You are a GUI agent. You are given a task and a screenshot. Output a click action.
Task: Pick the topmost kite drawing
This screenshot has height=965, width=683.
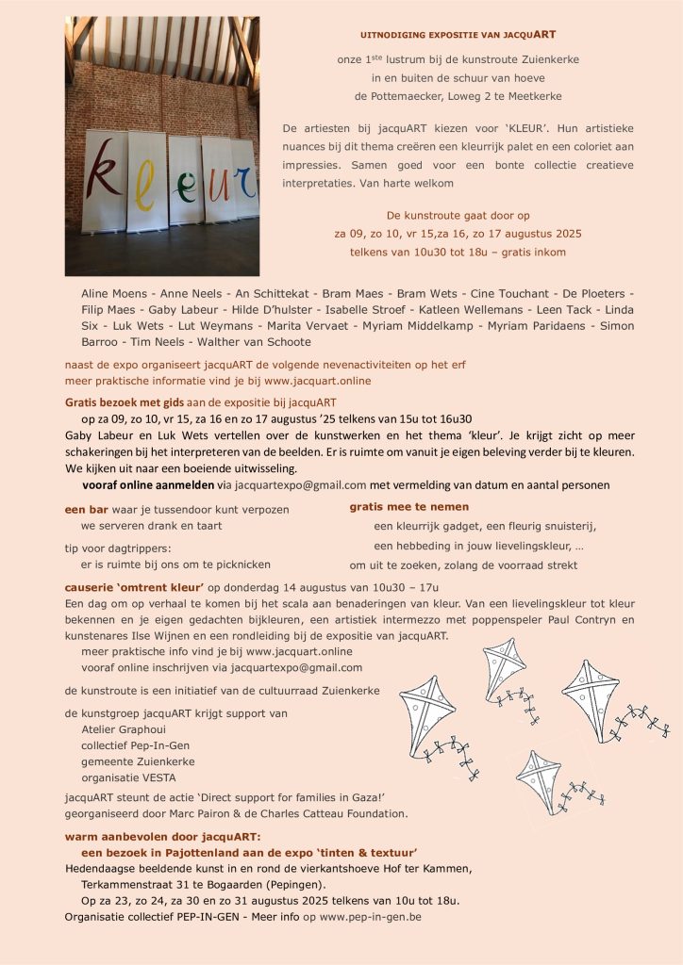[x=505, y=671]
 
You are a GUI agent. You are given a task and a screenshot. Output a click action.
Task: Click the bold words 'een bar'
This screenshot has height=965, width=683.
[x=86, y=509]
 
